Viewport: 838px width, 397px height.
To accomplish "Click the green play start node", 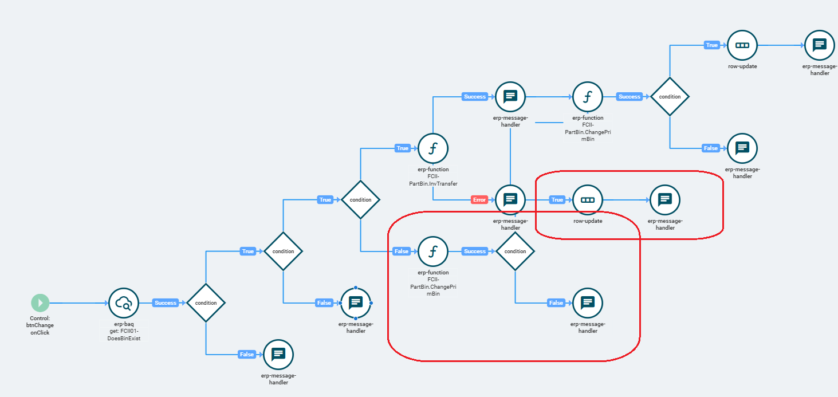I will click(40, 303).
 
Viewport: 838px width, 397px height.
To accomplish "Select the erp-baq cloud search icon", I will click(124, 303).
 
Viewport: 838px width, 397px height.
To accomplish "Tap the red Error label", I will click(479, 200).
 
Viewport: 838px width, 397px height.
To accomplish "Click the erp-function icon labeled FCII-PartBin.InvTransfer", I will click(433, 148).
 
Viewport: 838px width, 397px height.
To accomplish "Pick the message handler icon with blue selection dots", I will click(355, 303).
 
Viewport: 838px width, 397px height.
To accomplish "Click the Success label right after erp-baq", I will click(166, 303).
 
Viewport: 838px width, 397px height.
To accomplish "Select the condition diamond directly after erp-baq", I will click(206, 303).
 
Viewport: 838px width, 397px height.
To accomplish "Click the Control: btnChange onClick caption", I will click(40, 325).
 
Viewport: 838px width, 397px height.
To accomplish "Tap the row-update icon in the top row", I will click(742, 45).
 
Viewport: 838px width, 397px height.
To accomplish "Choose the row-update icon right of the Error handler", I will click(588, 200).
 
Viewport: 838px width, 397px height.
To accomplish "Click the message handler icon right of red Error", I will click(510, 200).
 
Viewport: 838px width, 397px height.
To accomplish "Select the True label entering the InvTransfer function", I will click(403, 148).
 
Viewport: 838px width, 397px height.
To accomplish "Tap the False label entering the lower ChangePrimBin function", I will click(402, 251).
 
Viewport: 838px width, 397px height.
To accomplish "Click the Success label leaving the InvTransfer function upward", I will click(475, 97).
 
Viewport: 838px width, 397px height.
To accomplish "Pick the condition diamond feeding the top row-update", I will click(670, 97).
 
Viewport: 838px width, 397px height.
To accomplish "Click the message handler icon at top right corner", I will click(819, 45).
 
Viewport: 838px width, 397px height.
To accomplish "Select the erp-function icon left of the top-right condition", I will click(588, 97).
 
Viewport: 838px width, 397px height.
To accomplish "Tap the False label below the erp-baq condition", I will click(247, 355).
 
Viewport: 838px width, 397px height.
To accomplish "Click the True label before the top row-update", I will click(711, 45).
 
